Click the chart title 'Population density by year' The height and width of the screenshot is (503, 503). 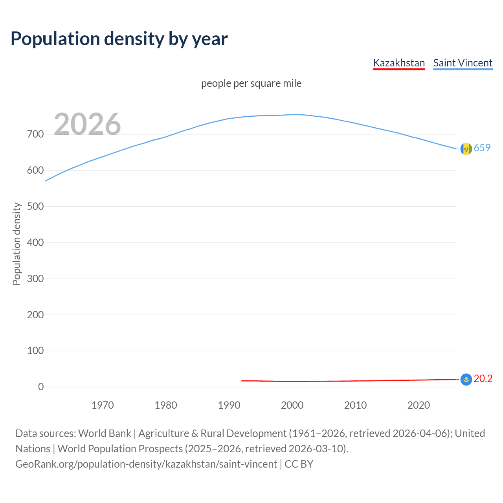[x=119, y=39]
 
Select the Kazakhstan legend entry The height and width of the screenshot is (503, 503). [x=399, y=63]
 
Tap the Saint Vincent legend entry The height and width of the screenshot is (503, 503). [x=463, y=63]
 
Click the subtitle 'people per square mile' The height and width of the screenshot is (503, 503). [x=251, y=83]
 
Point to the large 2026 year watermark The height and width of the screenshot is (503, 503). [x=87, y=124]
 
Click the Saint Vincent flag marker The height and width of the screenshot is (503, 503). [x=466, y=149]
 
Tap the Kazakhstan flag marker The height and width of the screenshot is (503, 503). [x=466, y=379]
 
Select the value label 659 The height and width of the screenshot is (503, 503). [x=482, y=148]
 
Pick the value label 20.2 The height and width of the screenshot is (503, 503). [x=483, y=378]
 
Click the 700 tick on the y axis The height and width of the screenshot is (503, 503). [x=35, y=134]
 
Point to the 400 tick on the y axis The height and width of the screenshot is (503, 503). [x=35, y=242]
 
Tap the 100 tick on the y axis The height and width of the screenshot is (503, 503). [x=35, y=351]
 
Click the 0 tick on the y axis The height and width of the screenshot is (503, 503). [x=41, y=387]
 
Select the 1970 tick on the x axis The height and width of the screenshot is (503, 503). [x=103, y=405]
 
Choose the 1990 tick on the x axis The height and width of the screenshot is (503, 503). [x=229, y=405]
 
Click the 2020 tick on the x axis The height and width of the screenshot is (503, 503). [x=419, y=405]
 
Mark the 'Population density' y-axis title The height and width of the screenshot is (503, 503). [x=17, y=244]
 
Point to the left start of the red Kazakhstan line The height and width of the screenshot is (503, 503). [x=242, y=380]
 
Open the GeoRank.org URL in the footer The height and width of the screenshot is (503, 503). [x=146, y=464]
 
